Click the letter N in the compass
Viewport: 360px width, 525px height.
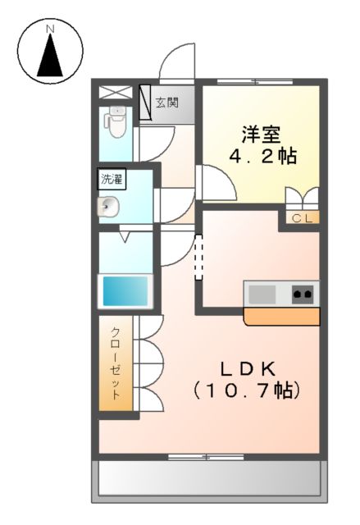coord(50,30)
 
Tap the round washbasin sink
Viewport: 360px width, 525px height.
coord(109,207)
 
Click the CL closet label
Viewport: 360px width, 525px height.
coord(301,217)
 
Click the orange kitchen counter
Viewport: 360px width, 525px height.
coord(282,316)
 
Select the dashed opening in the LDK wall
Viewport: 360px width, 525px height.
coord(198,258)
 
